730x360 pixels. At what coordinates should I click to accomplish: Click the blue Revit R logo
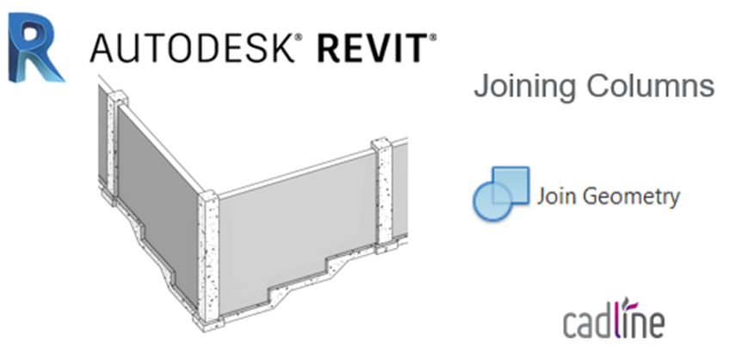point(36,48)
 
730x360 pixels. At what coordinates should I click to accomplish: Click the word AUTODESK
point(192,48)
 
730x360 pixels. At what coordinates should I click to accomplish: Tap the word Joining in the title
point(524,87)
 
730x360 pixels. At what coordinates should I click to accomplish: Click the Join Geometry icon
point(501,193)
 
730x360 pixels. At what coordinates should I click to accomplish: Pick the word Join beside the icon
point(557,196)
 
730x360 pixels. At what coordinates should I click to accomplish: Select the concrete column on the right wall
point(384,192)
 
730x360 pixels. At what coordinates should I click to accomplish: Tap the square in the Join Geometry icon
point(510,185)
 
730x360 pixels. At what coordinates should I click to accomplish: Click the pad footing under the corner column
point(208,322)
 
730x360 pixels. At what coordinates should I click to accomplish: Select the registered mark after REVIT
point(433,37)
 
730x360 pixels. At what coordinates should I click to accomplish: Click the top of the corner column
point(208,196)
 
